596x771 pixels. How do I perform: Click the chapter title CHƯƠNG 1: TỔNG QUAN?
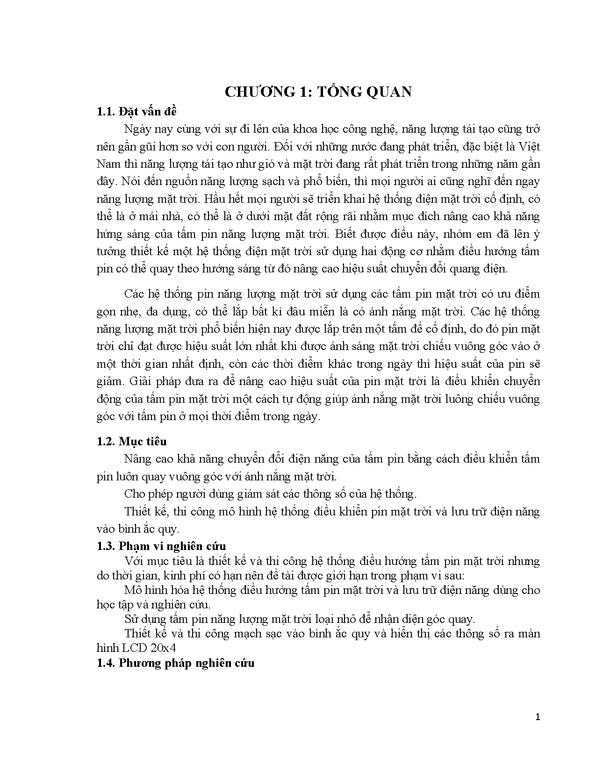coord(318,92)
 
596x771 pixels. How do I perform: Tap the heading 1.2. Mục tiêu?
coord(131,442)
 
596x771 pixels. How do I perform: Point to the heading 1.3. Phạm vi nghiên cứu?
coord(161,546)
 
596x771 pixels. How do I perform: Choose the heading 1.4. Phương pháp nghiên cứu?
coord(175,663)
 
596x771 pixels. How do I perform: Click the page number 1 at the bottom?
coord(538,717)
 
